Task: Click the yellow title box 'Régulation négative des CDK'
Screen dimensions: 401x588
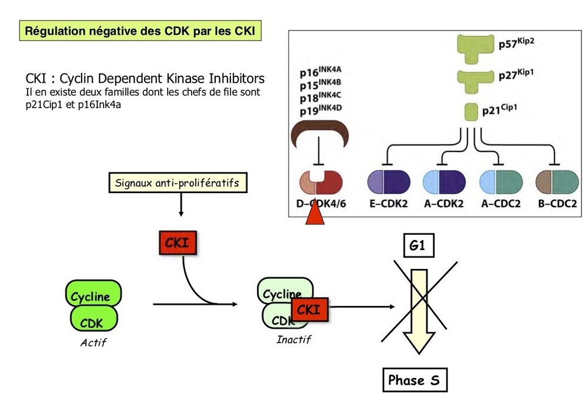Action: pos(141,31)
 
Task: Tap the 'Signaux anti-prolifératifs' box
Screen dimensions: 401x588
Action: pos(177,183)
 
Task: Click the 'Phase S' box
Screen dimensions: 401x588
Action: pos(413,380)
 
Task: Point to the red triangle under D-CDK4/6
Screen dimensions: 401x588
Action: pos(315,212)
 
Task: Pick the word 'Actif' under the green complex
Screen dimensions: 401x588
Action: pos(93,343)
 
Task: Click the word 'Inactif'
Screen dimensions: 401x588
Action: pos(293,339)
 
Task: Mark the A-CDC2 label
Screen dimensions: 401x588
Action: pos(500,204)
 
